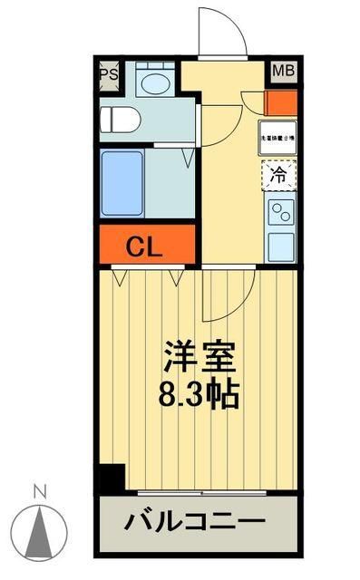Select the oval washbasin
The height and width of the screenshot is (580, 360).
(x=153, y=82)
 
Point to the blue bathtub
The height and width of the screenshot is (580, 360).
(x=122, y=184)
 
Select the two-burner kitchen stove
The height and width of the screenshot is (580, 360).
(x=280, y=214)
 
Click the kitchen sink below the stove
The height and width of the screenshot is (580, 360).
(x=280, y=245)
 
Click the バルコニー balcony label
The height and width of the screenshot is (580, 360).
(x=195, y=523)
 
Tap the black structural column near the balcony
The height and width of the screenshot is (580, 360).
(x=112, y=478)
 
